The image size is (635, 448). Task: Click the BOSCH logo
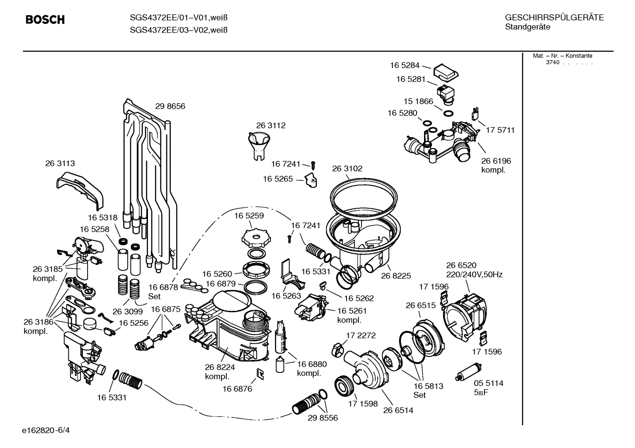pos(45,20)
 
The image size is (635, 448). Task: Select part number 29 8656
pos(170,106)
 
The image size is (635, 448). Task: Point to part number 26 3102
pos(347,168)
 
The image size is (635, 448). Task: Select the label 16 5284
pos(404,65)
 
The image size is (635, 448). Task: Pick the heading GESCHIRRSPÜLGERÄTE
pos(554,18)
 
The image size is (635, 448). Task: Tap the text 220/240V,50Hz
pos(474,274)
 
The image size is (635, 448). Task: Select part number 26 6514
pos(398,410)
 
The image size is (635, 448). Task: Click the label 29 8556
pos(323,418)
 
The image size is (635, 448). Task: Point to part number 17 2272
pos(361,335)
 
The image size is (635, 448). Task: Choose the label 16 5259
pos(249,216)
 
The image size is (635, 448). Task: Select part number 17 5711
pos(500,130)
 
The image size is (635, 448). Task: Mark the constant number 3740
pos(552,62)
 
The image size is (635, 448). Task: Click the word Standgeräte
pos(528,27)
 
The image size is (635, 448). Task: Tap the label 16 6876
pos(237,389)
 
